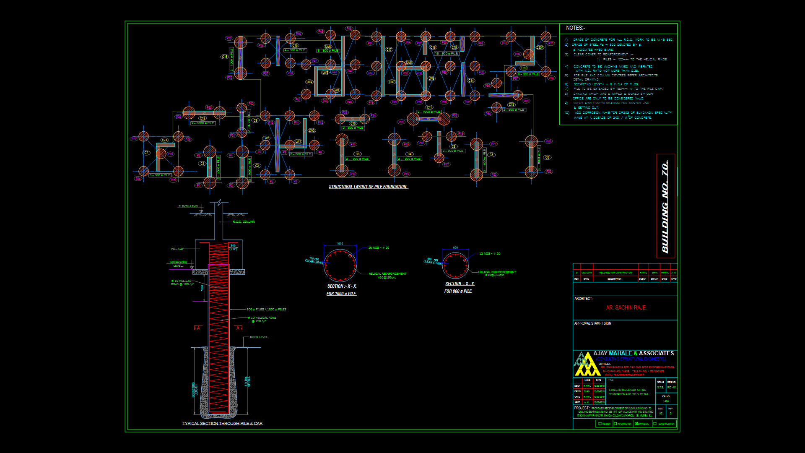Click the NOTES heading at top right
(x=575, y=28)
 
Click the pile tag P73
(x=229, y=38)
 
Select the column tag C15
(x=224, y=57)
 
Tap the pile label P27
(x=134, y=138)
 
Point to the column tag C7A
(x=165, y=140)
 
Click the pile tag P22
(x=548, y=172)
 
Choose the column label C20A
(x=540, y=47)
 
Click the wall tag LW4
(x=309, y=82)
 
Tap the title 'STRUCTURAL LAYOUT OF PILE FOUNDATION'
(x=368, y=187)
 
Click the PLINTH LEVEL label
(x=189, y=206)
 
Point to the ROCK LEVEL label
(x=259, y=337)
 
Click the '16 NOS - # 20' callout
(x=379, y=248)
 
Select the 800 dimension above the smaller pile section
(x=455, y=248)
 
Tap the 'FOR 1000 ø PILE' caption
(x=341, y=294)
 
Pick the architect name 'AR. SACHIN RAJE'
(x=626, y=308)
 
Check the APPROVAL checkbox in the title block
(x=636, y=424)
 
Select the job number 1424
(x=666, y=401)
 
